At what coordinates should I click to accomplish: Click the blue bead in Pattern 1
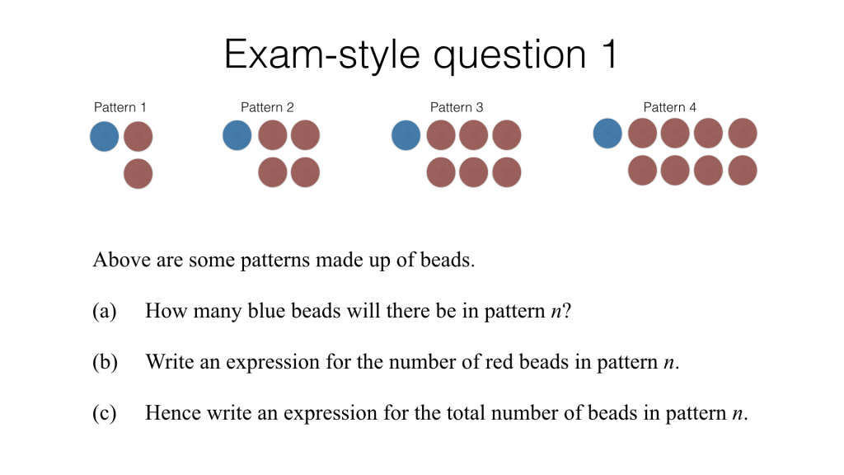coord(105,136)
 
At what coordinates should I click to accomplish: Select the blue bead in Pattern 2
coord(237,135)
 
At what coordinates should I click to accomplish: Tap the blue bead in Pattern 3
coord(406,135)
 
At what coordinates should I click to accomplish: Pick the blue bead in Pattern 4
coord(607,134)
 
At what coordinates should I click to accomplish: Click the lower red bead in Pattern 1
coord(138,174)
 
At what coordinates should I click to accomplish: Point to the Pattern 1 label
coord(120,107)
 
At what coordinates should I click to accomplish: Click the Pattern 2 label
coord(267,107)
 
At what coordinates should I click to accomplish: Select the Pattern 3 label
coord(457,107)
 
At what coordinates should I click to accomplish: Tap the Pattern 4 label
coord(670,107)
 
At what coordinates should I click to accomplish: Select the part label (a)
coord(105,312)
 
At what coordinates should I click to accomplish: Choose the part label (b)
coord(105,362)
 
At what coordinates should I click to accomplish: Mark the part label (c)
coord(105,412)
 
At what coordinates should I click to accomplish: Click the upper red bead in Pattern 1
coord(138,136)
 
